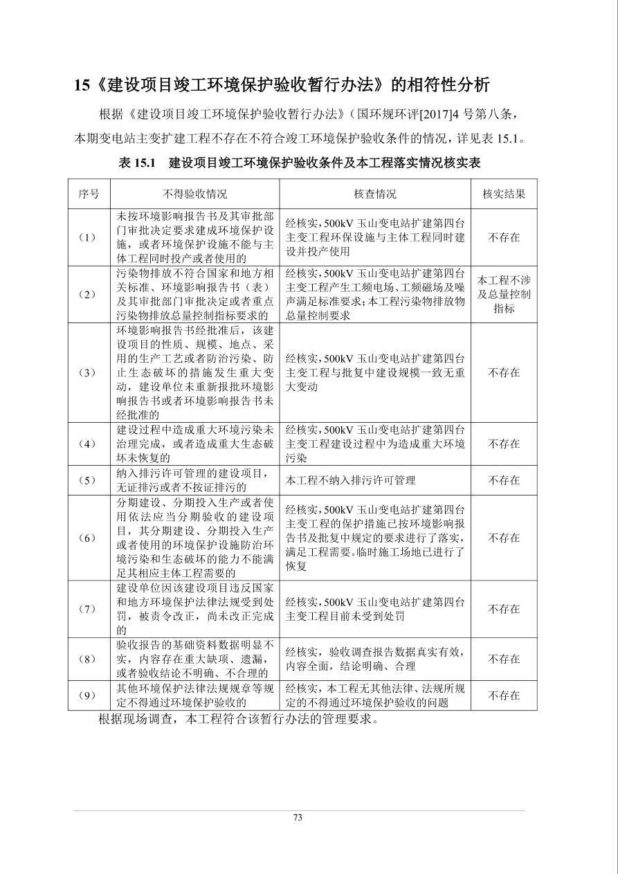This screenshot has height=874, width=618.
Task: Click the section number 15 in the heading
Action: pos(82,85)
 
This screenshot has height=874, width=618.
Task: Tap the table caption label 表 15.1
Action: pos(138,163)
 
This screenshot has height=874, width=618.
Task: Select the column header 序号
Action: pos(89,194)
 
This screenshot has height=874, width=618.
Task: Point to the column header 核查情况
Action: pos(375,194)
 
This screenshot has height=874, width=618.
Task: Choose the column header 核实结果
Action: pos(504,194)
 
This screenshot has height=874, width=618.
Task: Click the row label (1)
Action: pos(89,237)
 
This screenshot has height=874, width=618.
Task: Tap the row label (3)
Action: pos(89,372)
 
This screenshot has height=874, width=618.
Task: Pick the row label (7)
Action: pos(89,609)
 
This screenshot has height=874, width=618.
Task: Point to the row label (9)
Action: pos(89,695)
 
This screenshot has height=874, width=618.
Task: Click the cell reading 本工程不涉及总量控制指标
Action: pos(504,294)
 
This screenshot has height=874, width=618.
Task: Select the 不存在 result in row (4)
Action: pos(504,444)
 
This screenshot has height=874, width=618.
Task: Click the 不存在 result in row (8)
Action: pos(504,659)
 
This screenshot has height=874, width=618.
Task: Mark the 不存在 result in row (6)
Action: pos(504,538)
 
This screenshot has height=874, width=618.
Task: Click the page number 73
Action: pos(298,817)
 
